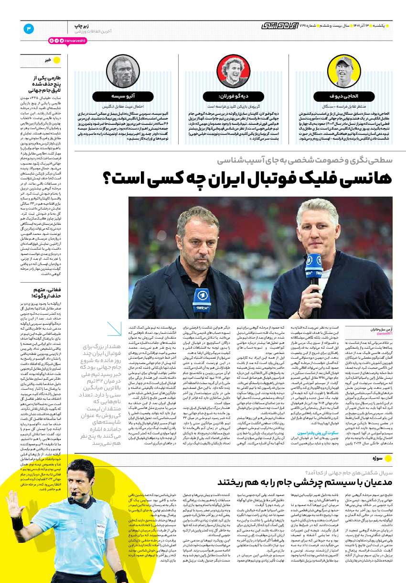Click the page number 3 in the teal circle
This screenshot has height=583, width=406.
coord(29,29)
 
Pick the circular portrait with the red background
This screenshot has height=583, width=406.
coord(233,73)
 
